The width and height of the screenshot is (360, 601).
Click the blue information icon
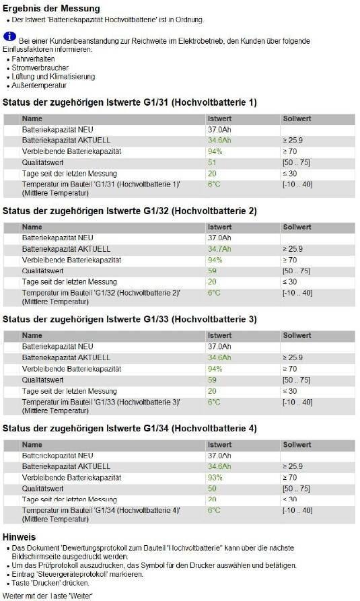9,37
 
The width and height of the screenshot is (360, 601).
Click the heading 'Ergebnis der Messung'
51,9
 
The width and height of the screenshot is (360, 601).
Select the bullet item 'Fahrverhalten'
34,59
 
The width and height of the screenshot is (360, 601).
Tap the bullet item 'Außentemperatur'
39,85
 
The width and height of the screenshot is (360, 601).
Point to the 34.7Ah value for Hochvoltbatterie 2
219,249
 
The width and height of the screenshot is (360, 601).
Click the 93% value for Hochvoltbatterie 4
215,478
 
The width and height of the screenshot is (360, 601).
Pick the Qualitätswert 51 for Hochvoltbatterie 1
212,162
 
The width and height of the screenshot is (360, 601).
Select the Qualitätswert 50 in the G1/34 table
212,489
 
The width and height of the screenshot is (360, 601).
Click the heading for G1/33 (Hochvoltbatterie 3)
130,319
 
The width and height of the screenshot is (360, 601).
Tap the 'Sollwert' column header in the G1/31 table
297,119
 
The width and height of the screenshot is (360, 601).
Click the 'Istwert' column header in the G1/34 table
219,445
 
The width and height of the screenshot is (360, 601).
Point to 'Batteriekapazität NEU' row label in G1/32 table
57,238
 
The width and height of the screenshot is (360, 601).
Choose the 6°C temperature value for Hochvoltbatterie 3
214,402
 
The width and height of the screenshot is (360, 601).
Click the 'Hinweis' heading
19,537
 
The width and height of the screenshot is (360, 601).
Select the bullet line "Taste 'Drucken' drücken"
50,583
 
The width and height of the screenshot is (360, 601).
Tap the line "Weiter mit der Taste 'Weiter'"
48,596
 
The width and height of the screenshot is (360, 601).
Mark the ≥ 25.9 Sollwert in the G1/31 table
293,140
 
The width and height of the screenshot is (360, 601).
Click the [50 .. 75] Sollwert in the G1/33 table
296,380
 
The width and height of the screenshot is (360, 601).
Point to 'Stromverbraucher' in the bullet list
40,68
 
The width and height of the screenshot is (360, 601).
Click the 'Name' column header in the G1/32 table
32,227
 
